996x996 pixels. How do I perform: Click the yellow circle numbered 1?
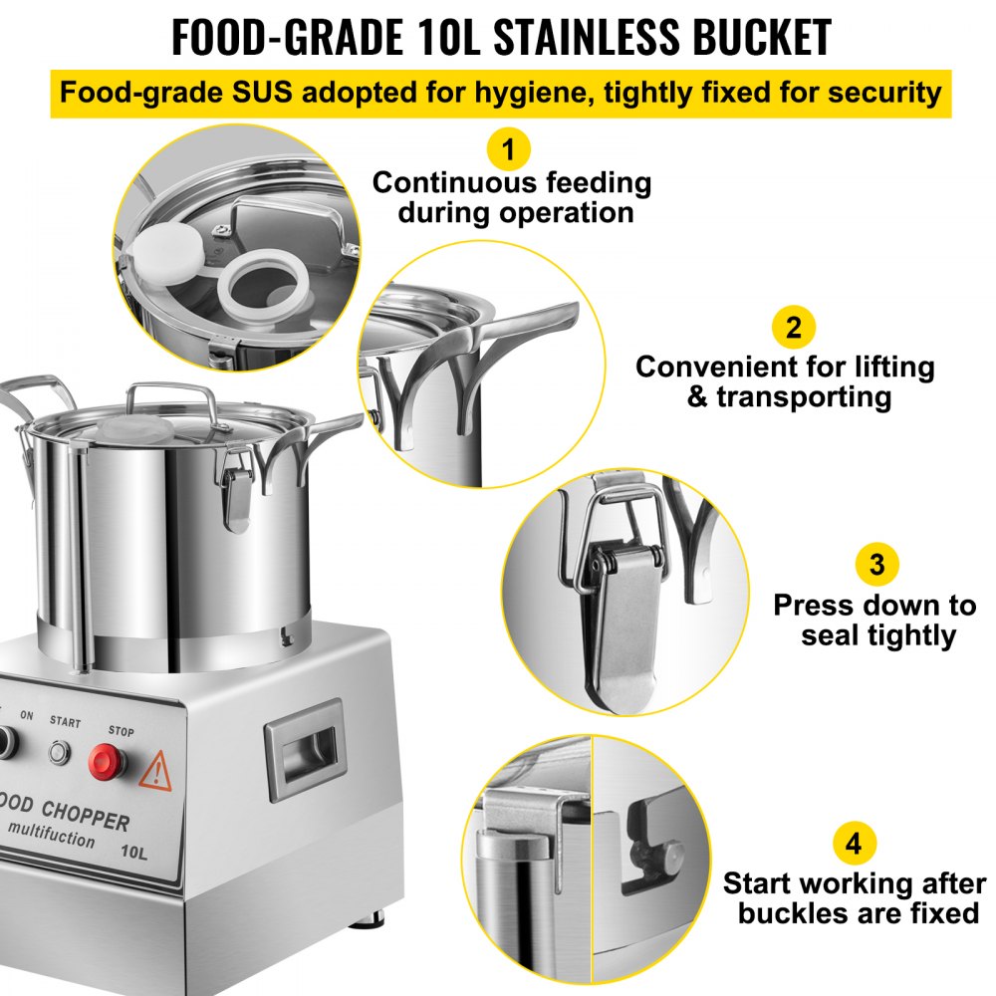click(509, 151)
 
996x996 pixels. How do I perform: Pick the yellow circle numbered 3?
click(876, 565)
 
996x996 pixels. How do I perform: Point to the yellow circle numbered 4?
click(854, 845)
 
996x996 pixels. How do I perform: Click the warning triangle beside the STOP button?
click(155, 772)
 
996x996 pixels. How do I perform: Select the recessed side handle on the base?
click(303, 762)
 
